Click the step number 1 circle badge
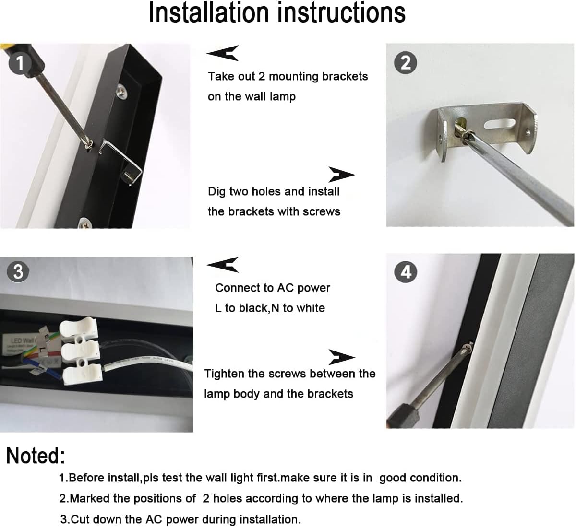coord(20,63)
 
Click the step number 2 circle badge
coord(406,63)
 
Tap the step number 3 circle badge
coord(18,271)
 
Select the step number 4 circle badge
coord(406,272)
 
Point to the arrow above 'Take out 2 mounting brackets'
coord(223,53)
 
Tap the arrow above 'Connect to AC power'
coord(223,264)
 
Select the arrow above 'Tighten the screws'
coord(341,357)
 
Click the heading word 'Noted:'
coord(35,456)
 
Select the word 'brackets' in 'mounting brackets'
coord(345,77)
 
